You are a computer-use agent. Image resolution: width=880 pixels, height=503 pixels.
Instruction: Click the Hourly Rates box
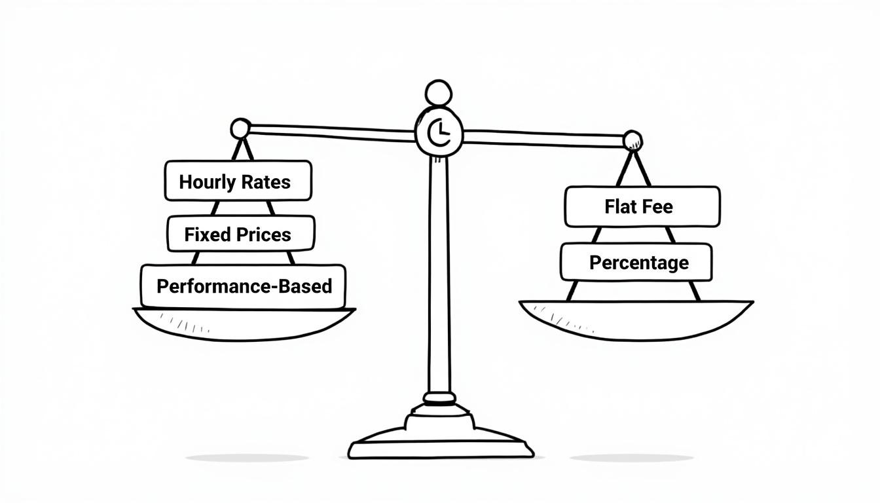point(238,181)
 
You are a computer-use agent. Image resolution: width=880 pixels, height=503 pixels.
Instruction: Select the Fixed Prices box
point(241,233)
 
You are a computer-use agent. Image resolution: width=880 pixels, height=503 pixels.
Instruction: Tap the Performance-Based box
point(243,286)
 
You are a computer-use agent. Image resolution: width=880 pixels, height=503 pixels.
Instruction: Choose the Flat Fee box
point(642,207)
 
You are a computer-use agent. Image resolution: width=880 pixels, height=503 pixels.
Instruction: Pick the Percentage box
point(636,262)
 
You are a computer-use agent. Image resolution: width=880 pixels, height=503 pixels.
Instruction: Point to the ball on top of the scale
point(439,94)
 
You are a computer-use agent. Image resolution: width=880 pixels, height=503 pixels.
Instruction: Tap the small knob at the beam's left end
point(240,128)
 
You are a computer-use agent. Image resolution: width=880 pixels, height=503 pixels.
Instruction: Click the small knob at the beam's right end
point(632,141)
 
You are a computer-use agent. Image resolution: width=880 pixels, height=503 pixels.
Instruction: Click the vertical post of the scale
point(439,275)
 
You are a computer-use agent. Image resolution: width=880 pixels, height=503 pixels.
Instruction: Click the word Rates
point(266,182)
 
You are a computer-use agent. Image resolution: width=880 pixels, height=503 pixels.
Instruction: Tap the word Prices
point(264,234)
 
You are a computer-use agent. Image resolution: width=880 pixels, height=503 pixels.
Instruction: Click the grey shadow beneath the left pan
point(247,458)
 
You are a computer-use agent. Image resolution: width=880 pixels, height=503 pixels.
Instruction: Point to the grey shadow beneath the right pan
point(632,458)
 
